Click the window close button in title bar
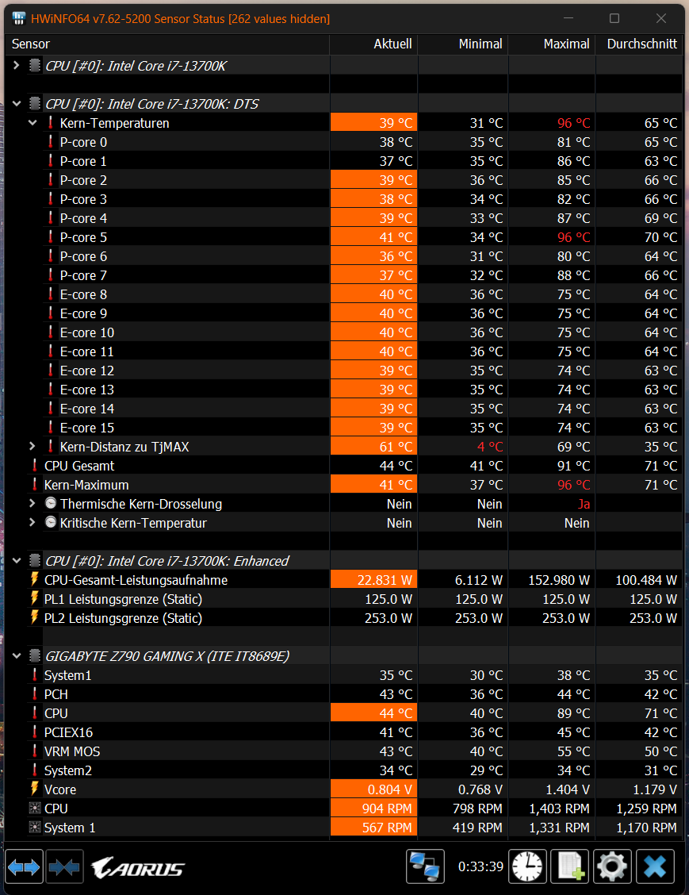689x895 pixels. (x=660, y=18)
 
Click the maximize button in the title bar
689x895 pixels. (x=614, y=18)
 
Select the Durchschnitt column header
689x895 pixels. (x=641, y=44)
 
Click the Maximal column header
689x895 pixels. (x=566, y=44)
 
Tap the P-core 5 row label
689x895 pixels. (x=83, y=237)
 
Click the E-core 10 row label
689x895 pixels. (x=86, y=332)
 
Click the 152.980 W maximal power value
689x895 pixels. (x=558, y=580)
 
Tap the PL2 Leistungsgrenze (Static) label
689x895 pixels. (x=123, y=618)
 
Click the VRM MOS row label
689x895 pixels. (x=72, y=751)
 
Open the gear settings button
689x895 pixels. (x=612, y=866)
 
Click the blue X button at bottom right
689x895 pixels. (x=655, y=866)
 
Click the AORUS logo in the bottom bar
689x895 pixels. (x=138, y=868)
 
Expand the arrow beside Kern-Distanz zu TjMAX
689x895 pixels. (x=33, y=447)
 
